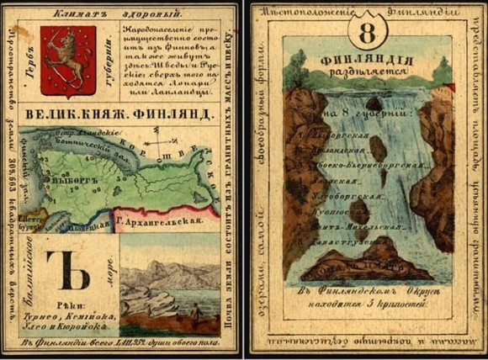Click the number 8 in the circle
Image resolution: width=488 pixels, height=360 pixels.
tap(366, 34)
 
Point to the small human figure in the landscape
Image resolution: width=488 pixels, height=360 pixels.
tap(194, 312)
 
